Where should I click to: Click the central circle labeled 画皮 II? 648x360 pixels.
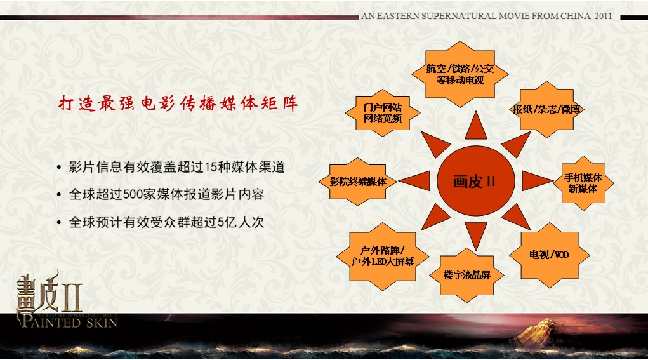click(475, 180)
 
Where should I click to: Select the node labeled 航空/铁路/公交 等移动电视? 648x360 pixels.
click(460, 74)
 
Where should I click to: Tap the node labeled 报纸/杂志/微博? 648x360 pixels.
click(546, 109)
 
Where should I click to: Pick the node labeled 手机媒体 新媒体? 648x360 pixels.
click(583, 183)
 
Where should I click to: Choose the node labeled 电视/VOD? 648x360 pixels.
click(549, 255)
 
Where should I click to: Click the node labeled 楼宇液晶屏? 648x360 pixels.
click(467, 275)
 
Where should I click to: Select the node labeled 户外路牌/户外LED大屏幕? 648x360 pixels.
click(383, 257)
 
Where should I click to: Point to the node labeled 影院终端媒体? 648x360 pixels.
click(358, 182)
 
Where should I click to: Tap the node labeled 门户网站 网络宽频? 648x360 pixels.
click(383, 113)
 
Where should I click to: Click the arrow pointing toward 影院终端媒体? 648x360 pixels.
click(415, 181)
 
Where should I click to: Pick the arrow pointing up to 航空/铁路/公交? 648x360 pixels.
click(475, 126)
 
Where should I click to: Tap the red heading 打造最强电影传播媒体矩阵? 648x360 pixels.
click(178, 103)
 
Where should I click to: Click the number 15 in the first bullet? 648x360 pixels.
click(211, 167)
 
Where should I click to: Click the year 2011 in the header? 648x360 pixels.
click(603, 16)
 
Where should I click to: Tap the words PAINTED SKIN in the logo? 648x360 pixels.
click(69, 322)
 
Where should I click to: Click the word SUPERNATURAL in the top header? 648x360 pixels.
click(456, 16)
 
